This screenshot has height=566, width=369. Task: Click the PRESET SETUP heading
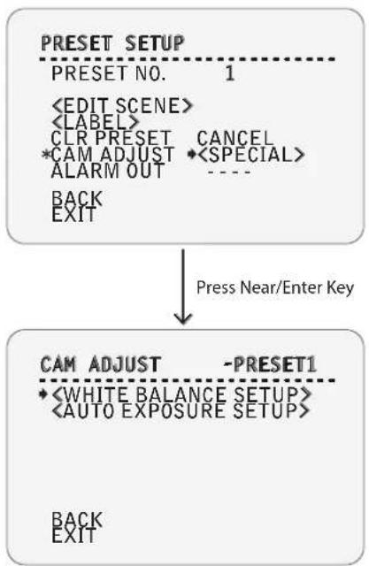click(112, 43)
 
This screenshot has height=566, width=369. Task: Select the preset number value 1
click(230, 73)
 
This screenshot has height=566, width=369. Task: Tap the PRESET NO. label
click(109, 73)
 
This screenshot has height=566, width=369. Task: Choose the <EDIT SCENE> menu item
click(122, 106)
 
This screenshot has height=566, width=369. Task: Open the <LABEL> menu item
click(96, 122)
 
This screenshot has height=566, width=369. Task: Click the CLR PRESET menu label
click(111, 138)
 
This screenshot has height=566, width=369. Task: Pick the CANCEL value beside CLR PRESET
click(235, 138)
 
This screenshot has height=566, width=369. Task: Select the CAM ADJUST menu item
click(112, 155)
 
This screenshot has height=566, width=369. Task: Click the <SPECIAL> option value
click(251, 155)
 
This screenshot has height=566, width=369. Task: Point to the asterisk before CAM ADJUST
click(47, 155)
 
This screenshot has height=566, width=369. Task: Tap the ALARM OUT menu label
click(108, 171)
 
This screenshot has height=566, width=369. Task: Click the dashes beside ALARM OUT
click(229, 172)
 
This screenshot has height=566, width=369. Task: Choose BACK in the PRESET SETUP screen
click(77, 198)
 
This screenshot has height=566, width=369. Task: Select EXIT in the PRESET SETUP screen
click(74, 214)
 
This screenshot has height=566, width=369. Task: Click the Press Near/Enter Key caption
click(275, 288)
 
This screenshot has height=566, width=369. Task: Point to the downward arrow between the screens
click(183, 286)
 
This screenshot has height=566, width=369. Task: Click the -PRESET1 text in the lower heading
click(270, 364)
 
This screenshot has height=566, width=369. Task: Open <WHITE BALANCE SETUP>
click(181, 394)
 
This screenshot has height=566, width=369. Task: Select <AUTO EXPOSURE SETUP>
click(181, 410)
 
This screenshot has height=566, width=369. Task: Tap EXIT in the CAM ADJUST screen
click(74, 535)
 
